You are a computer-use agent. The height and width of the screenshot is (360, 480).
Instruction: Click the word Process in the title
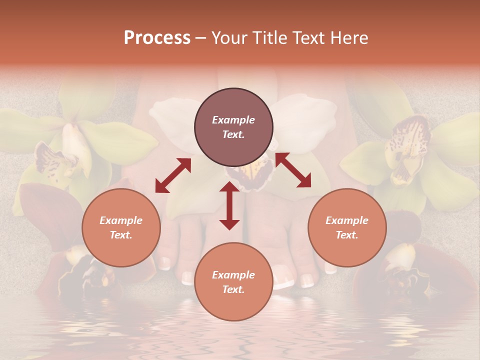(x=157, y=38)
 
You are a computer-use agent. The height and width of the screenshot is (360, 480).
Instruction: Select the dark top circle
(x=233, y=127)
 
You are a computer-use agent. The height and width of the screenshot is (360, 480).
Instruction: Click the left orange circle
(x=121, y=228)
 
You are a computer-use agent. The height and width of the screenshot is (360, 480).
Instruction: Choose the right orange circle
(x=347, y=228)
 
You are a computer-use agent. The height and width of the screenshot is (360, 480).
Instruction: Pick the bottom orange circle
(x=233, y=282)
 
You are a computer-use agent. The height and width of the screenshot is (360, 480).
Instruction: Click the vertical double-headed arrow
(x=229, y=205)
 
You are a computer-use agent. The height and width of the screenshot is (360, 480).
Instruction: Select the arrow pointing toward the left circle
(x=173, y=175)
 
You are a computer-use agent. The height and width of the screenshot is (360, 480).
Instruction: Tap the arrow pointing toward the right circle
(x=293, y=170)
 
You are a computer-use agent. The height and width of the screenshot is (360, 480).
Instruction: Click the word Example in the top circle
(x=233, y=120)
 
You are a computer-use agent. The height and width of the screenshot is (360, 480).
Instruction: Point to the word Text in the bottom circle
(x=233, y=289)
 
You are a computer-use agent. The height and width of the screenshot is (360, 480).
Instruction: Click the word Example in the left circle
(x=121, y=220)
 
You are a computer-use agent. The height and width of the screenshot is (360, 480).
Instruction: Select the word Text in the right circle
(x=347, y=235)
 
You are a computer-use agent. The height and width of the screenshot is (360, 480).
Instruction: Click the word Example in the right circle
(x=347, y=220)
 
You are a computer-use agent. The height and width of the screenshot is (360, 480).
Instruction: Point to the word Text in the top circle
(x=233, y=134)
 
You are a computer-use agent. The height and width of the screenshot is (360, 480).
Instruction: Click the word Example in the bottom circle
(x=233, y=275)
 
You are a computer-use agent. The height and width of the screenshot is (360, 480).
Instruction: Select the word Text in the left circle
(x=121, y=235)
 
